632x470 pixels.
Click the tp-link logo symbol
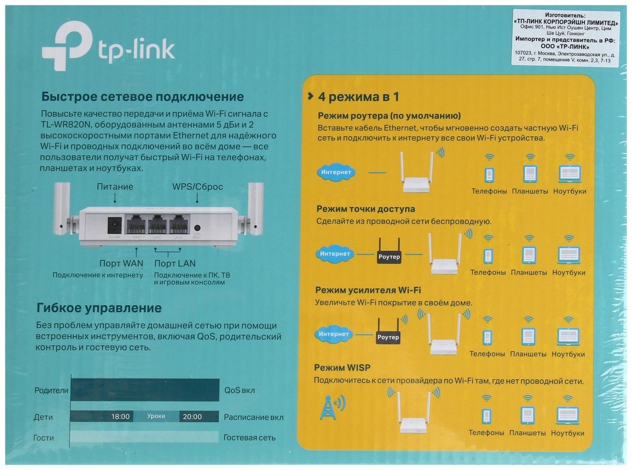pyautogui.click(x=67, y=46)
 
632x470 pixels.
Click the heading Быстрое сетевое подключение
pyautogui.click(x=142, y=97)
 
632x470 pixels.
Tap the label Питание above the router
pyautogui.click(x=115, y=186)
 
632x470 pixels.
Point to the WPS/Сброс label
pyautogui.click(x=197, y=186)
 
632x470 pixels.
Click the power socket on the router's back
pyautogui.click(x=114, y=225)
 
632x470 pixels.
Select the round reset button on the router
pyautogui.click(x=197, y=229)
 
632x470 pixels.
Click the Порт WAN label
pyautogui.click(x=121, y=263)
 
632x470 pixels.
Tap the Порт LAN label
pyautogui.click(x=175, y=263)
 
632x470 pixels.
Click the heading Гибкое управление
pyautogui.click(x=99, y=308)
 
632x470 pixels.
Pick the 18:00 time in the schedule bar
pyautogui.click(x=121, y=416)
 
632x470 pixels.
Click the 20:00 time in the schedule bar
pyautogui.click(x=192, y=416)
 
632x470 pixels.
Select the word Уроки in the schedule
pyautogui.click(x=156, y=416)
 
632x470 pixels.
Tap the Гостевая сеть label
pyautogui.click(x=249, y=438)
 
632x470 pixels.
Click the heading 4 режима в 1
pyautogui.click(x=358, y=97)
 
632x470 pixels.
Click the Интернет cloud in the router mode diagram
pyautogui.click(x=336, y=172)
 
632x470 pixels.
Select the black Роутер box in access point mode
pyautogui.click(x=389, y=256)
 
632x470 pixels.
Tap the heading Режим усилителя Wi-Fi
pyautogui.click(x=368, y=290)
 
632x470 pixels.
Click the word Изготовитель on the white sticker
pyautogui.click(x=565, y=15)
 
